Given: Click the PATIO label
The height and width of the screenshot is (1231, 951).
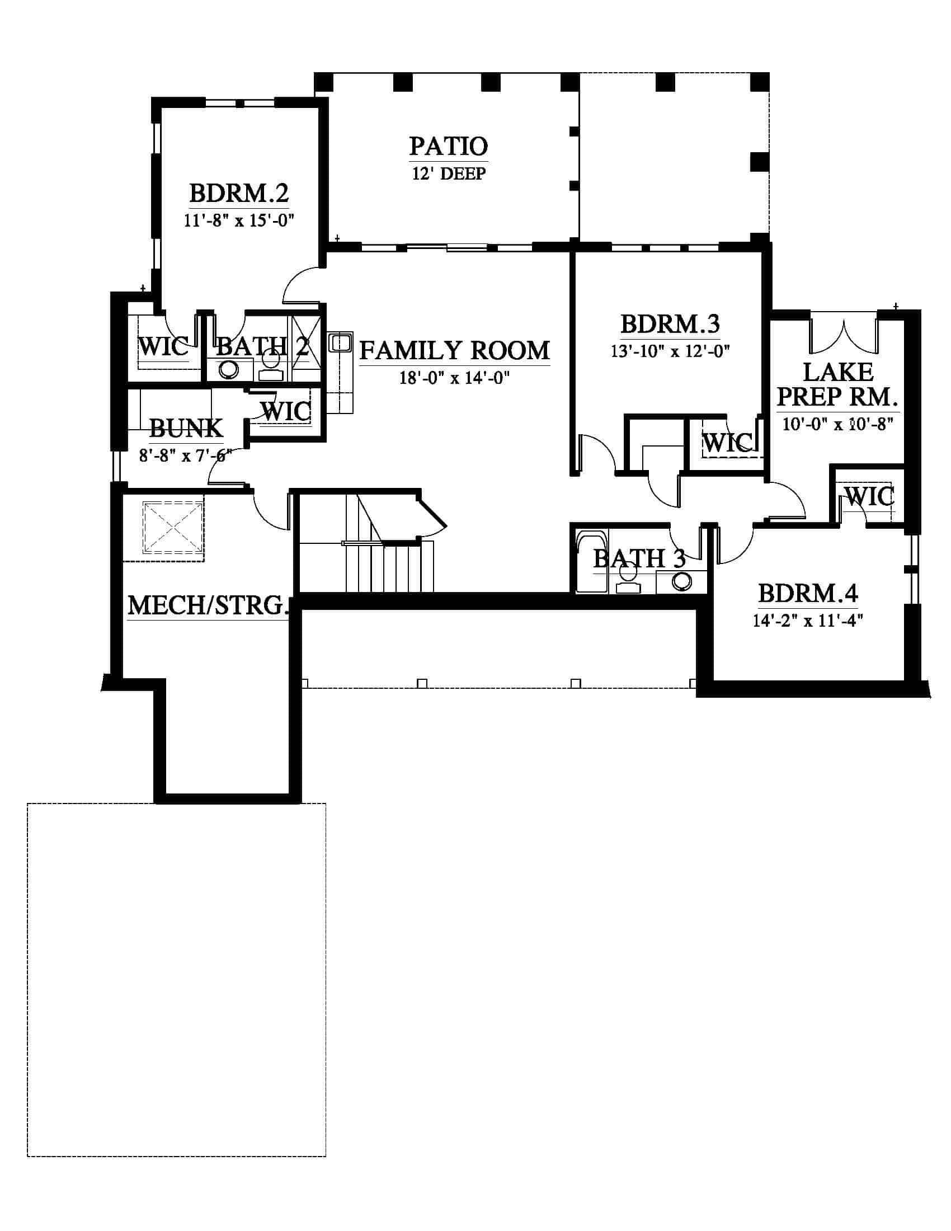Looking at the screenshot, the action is pos(449,146).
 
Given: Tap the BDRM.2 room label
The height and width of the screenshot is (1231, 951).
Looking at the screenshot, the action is pos(239,194).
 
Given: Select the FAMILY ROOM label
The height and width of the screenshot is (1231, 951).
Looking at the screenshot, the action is pos(454,350).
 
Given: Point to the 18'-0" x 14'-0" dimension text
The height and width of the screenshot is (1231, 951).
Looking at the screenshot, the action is pos(454,378).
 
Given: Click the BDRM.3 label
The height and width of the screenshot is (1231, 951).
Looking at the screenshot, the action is pos(670,324).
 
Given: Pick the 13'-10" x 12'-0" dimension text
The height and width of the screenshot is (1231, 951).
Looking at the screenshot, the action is pos(670,351).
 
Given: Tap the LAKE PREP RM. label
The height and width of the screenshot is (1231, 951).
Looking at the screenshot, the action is pos(837,384).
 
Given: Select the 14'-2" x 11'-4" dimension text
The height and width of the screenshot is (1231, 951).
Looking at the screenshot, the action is pos(807,621).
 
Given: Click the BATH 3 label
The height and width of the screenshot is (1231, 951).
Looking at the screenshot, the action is pos(639,558).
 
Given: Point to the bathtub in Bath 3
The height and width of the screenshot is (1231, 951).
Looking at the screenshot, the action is pos(591,560).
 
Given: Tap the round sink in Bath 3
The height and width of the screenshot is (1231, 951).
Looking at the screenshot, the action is pos(682,581).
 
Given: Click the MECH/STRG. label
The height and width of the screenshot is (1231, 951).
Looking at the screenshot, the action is pos(208,605).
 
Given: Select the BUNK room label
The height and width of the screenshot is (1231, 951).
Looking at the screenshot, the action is pos(186,429).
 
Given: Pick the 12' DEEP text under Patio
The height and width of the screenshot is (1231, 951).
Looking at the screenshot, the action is pos(449,173).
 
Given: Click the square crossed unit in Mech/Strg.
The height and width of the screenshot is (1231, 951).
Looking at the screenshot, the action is pos(173,528).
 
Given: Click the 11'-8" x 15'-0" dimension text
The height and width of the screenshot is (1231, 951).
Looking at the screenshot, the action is pos(239,220).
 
